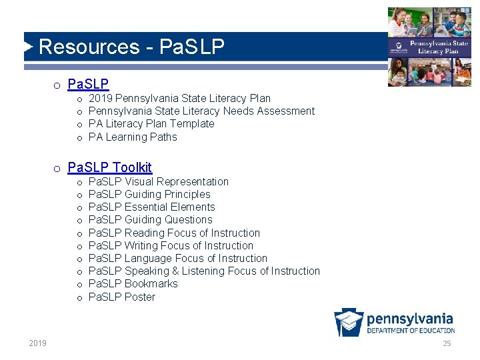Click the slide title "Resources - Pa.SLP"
pos(131,47)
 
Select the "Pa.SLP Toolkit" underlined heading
pos(110,167)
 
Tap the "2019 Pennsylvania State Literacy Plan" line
pos(179,99)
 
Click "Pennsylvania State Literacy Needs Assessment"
pos(201,111)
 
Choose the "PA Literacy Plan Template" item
pos(151,124)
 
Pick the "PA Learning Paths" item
pos(133,137)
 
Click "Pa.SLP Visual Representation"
pos(158,182)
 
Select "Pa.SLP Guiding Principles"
pos(149,195)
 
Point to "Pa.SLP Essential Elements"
pos(151,207)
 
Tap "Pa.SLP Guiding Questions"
pos(150,220)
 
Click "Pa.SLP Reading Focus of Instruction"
pos(174,233)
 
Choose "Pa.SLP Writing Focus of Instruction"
pos(171,245)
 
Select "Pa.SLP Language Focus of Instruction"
pos(177,258)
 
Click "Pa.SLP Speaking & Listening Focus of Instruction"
pos(204,271)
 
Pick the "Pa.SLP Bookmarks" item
pos(133,283)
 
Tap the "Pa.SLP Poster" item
pos(121,297)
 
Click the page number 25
pos(447,343)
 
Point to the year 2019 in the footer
pos(38,343)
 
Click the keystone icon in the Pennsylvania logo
pos(349,323)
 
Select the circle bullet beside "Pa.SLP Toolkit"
pos(58,168)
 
